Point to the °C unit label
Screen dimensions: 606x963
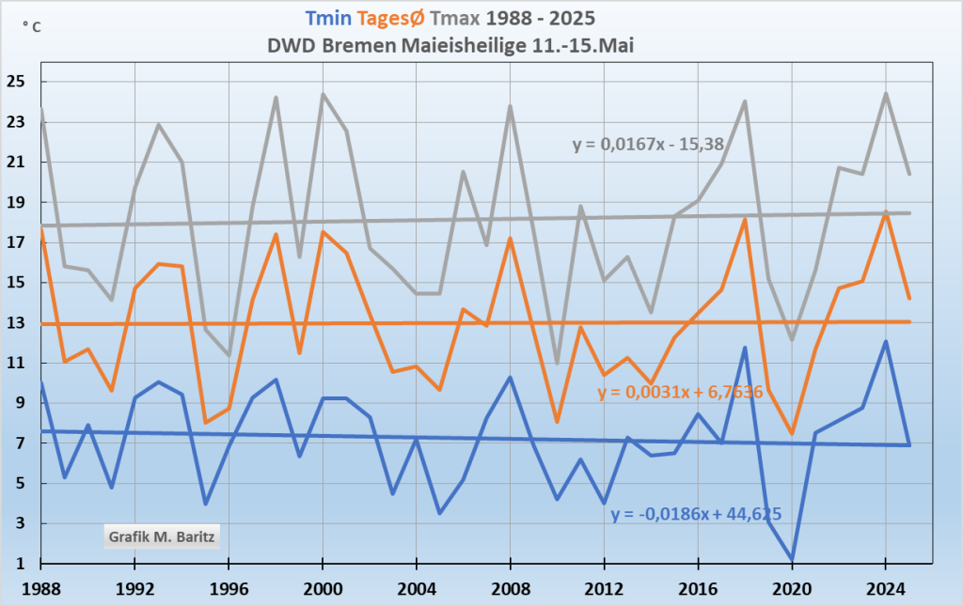click(31, 27)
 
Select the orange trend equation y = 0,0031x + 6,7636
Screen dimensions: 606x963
click(679, 392)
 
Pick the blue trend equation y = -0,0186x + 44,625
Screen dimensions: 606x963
click(696, 514)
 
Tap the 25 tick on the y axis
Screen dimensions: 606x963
click(18, 82)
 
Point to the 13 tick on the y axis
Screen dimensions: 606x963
click(18, 323)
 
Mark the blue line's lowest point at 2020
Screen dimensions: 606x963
click(792, 558)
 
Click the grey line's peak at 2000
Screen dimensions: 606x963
click(323, 94)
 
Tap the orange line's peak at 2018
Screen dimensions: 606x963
click(745, 220)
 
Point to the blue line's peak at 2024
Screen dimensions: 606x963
click(885, 341)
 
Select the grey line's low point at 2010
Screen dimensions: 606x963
click(557, 363)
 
